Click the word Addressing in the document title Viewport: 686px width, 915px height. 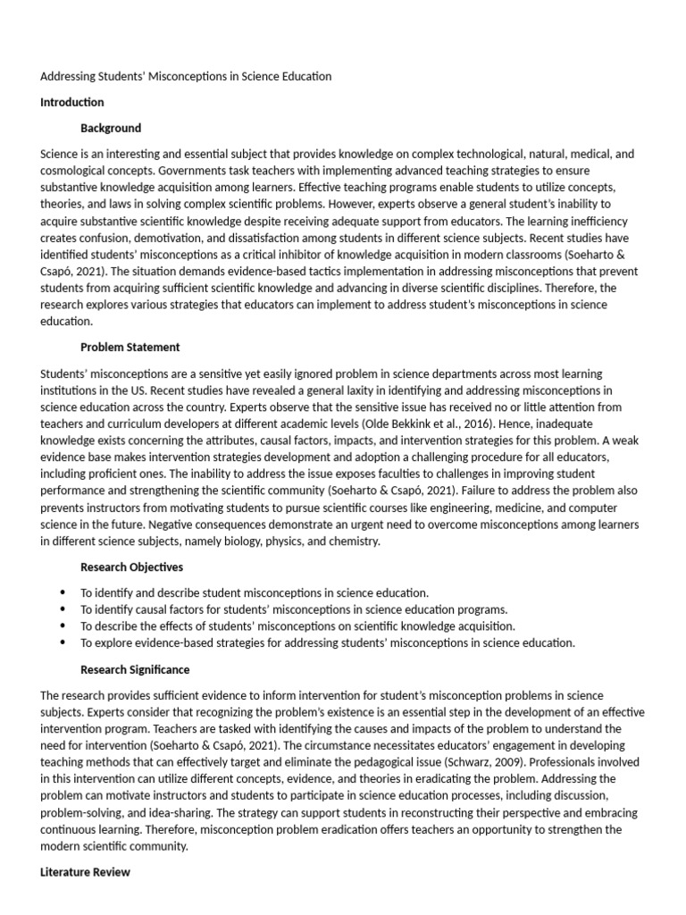click(x=70, y=77)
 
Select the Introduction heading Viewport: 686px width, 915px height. click(x=71, y=102)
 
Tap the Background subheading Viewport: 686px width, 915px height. click(x=111, y=129)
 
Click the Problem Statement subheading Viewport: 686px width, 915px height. click(x=130, y=348)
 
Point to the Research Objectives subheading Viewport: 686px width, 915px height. click(x=131, y=567)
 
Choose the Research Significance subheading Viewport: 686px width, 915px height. click(x=135, y=669)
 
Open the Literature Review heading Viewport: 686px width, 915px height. click(x=85, y=872)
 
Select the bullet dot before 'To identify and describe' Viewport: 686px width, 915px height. click(x=63, y=592)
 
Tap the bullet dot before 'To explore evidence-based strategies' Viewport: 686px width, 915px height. click(x=63, y=642)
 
